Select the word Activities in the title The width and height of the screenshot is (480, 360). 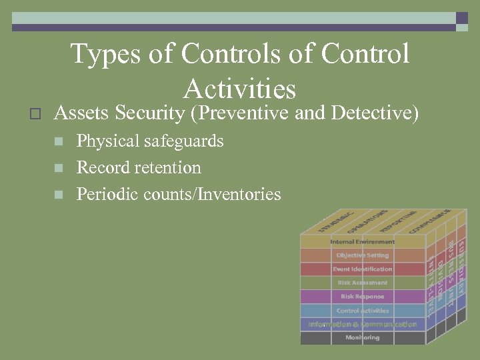239,89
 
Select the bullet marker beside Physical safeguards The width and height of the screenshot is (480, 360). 59,142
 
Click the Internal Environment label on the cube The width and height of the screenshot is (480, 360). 362,241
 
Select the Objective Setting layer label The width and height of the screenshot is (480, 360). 362,255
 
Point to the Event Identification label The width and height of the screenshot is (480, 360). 362,269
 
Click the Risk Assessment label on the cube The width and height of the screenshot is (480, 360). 362,283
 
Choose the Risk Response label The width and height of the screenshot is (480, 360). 362,297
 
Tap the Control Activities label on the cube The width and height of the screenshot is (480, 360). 362,311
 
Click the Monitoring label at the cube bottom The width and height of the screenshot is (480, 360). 362,338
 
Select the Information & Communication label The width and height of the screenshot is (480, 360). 362,324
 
